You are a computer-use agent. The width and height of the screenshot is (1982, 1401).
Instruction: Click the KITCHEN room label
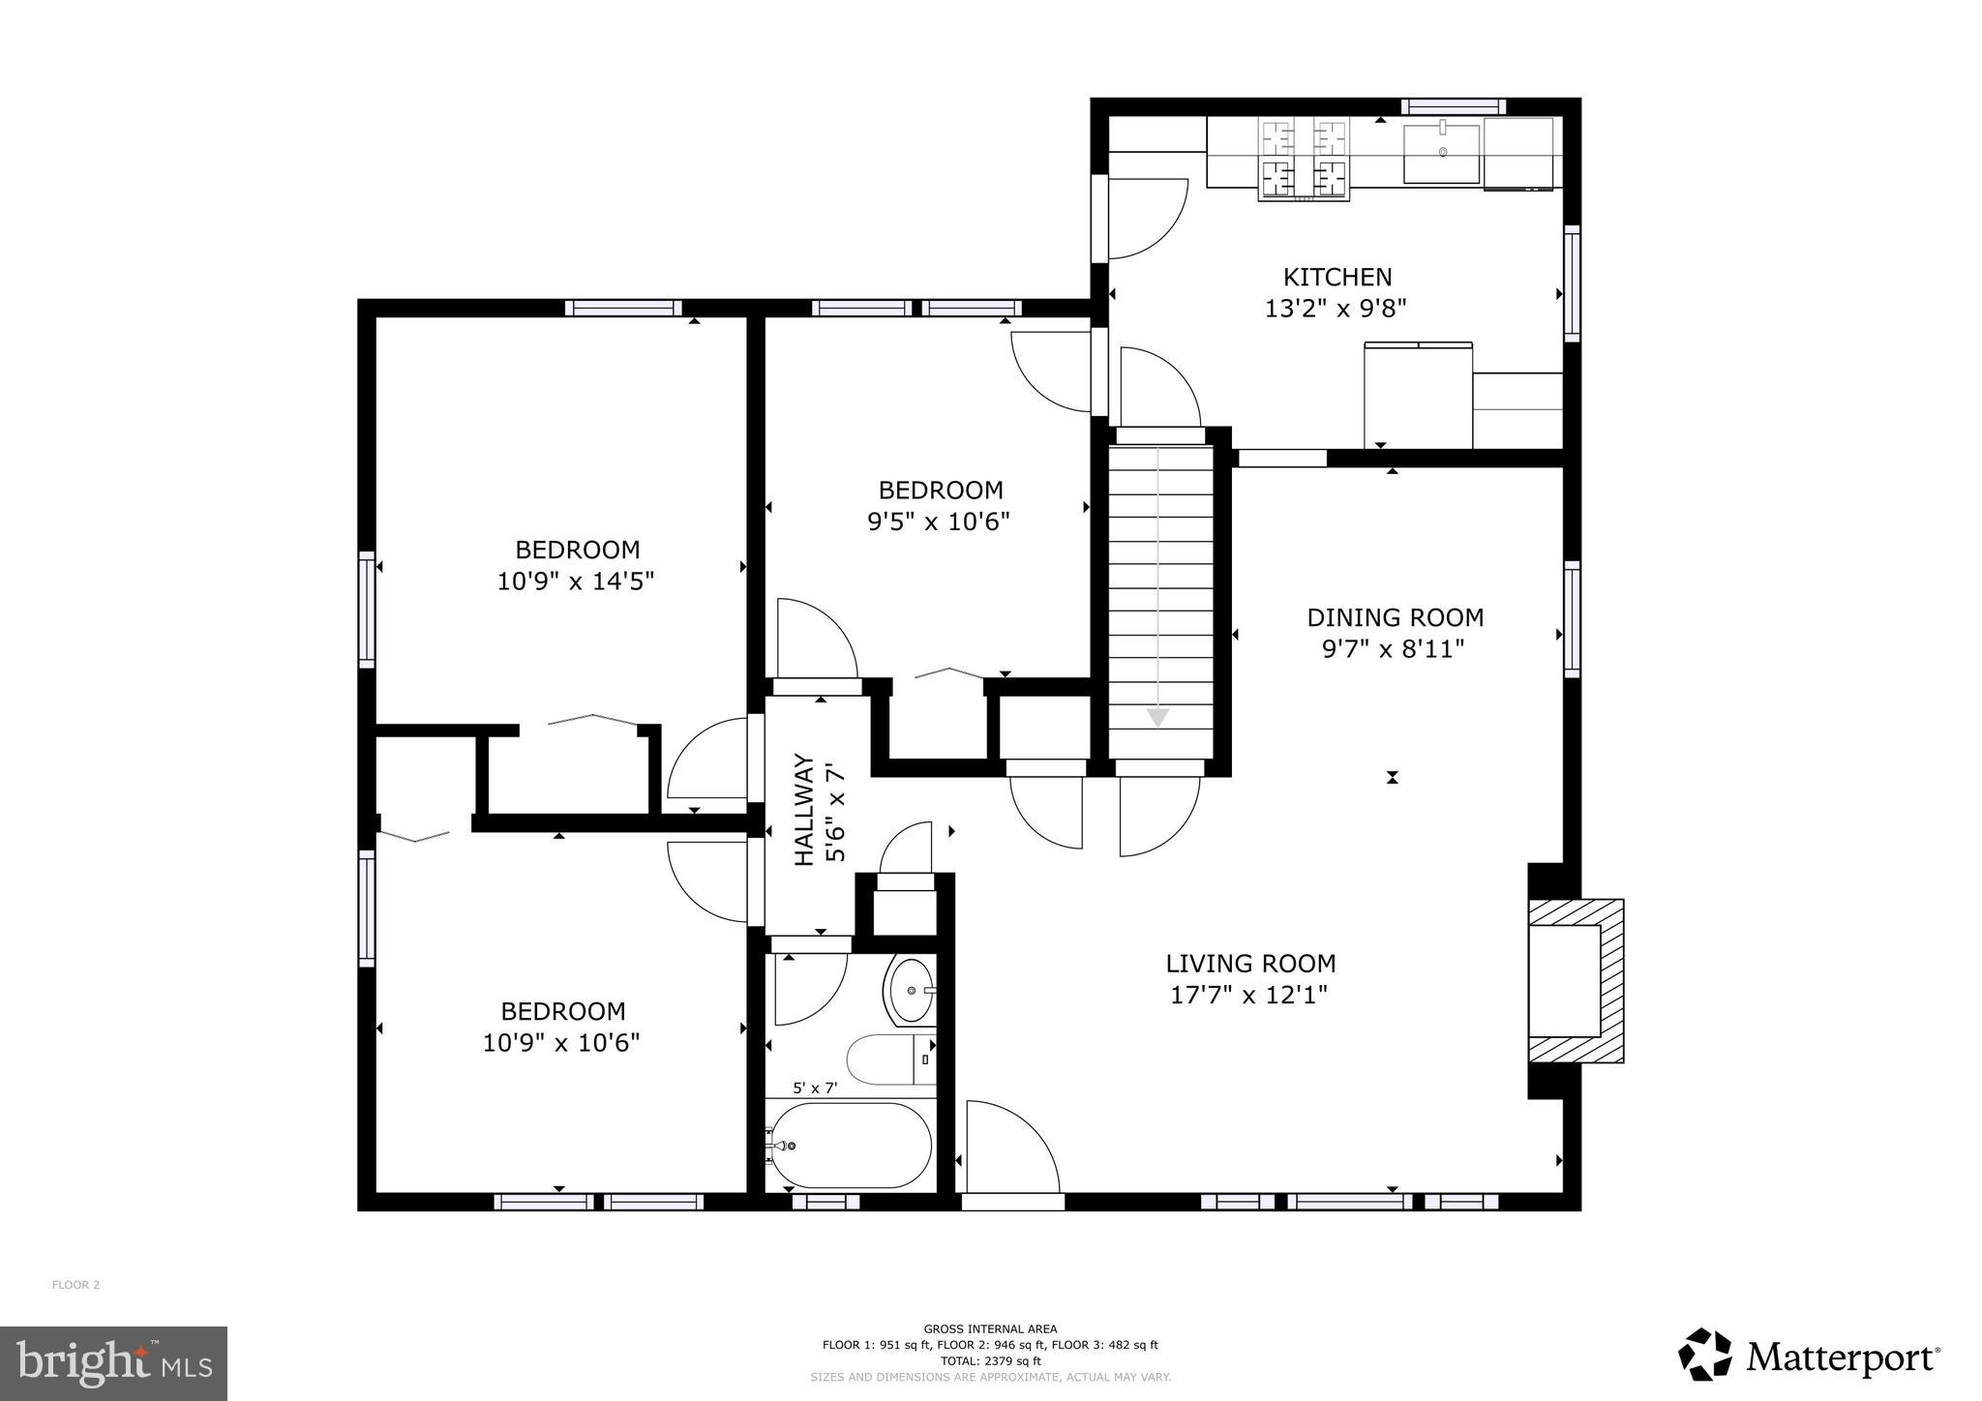(1336, 278)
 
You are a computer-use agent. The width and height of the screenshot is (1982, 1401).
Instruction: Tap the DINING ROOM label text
(1395, 617)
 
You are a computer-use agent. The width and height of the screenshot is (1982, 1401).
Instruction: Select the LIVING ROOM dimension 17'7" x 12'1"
(1248, 996)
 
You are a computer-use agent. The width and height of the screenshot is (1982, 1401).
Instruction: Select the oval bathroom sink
(911, 991)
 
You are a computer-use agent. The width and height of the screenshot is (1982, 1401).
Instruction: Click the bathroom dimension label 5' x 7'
(815, 1088)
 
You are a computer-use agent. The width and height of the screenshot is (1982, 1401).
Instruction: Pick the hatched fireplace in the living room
(1575, 981)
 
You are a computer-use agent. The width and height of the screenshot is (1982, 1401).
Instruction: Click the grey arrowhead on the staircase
(1157, 718)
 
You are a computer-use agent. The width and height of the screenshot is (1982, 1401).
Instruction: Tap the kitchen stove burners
(1304, 160)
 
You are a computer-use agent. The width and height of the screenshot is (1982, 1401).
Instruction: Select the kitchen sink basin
(1442, 153)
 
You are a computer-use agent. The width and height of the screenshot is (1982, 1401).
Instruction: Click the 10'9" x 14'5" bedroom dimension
(576, 581)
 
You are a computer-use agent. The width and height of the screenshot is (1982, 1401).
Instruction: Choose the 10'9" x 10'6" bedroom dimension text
(561, 1043)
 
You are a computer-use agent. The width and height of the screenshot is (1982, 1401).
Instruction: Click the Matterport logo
(1809, 1357)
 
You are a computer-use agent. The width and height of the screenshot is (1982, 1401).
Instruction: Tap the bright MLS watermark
(113, 1363)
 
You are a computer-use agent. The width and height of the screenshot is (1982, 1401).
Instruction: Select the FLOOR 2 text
(75, 1285)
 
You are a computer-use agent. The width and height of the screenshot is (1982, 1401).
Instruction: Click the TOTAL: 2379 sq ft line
(990, 1360)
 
